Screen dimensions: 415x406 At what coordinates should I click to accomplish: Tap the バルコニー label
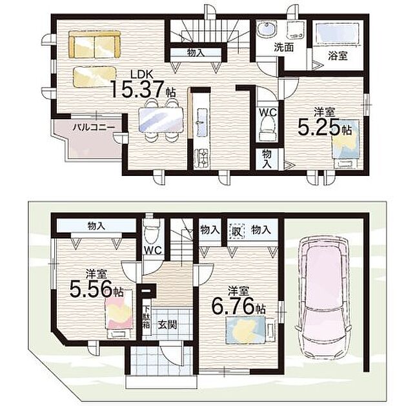94,128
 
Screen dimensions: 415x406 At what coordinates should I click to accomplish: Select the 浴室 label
338,56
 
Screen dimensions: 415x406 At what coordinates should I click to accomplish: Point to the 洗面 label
284,48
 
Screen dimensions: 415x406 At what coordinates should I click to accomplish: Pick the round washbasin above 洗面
267,30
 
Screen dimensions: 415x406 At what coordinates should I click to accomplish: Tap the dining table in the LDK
161,119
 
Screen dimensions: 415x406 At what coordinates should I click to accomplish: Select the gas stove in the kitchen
202,158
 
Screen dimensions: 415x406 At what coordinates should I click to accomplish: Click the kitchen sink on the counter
201,122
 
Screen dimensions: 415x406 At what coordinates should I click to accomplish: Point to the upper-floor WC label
268,113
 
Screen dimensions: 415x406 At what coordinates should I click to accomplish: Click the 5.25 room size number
318,127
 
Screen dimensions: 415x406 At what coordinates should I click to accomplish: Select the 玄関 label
167,324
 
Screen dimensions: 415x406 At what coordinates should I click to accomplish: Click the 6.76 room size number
233,306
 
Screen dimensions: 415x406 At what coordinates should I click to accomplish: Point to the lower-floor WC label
152,250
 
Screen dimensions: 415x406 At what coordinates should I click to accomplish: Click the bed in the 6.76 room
250,329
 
